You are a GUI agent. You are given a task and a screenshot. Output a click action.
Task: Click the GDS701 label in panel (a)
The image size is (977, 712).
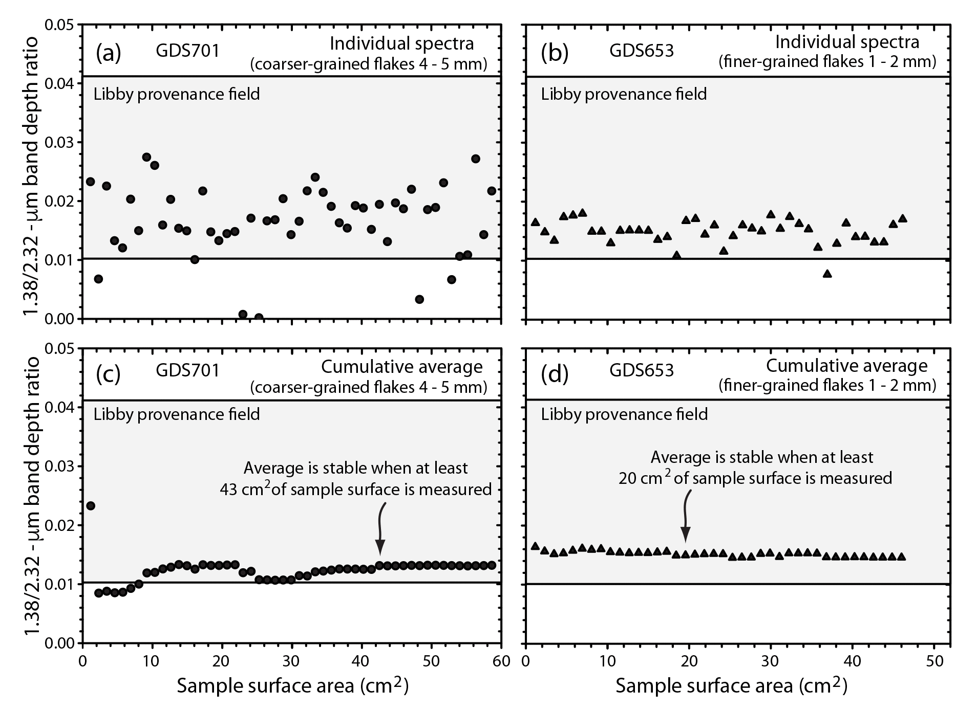coord(187,51)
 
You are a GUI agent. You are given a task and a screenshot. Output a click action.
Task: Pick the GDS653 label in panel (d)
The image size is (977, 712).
coord(641,370)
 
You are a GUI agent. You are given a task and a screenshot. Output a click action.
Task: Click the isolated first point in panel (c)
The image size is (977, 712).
coord(91,506)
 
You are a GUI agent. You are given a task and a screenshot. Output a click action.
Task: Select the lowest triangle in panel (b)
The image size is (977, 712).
coord(827,274)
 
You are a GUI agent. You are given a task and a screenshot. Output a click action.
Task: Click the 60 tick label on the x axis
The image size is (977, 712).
coord(501,661)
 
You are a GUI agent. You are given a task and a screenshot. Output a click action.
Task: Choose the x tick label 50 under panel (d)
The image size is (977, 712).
coord(934,661)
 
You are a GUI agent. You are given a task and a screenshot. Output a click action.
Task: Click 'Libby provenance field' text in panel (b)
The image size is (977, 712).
coord(624,94)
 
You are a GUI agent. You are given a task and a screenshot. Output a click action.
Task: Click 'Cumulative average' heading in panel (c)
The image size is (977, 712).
coord(401,367)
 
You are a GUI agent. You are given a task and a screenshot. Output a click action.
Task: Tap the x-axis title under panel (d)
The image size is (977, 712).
coord(731,686)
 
